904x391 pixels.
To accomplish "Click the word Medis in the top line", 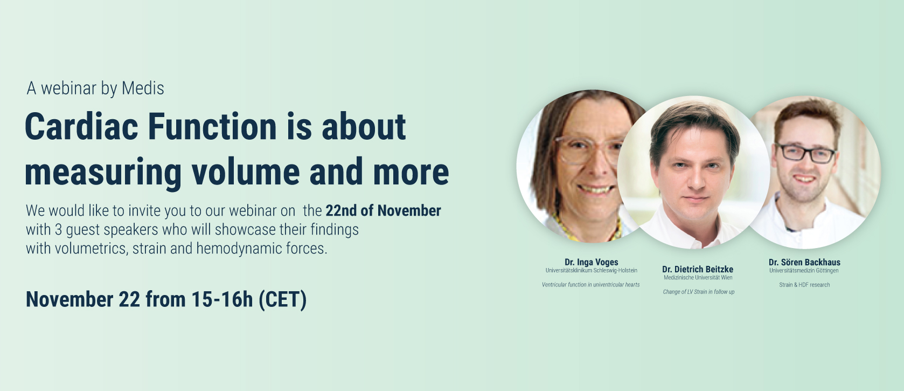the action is pyautogui.click(x=143, y=88).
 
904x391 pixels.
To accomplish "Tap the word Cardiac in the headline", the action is pyautogui.click(x=82, y=126).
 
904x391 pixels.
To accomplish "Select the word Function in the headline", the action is pyautogui.click(x=212, y=126).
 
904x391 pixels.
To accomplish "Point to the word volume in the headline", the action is pyautogui.click(x=246, y=172).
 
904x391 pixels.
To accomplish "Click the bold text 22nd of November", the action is pyautogui.click(x=384, y=210).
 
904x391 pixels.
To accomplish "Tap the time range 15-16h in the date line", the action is pyautogui.click(x=222, y=299).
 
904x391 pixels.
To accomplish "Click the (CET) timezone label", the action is pyautogui.click(x=283, y=300).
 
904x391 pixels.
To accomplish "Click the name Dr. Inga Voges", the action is pyautogui.click(x=591, y=262).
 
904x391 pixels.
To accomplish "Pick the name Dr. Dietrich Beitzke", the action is pyautogui.click(x=698, y=270).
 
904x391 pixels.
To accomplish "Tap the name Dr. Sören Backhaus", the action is pyautogui.click(x=804, y=262).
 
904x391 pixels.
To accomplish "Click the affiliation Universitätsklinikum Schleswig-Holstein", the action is pyautogui.click(x=591, y=271).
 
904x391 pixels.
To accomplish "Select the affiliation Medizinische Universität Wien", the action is pyautogui.click(x=698, y=278).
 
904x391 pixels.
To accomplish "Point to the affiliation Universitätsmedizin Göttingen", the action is pyautogui.click(x=804, y=271).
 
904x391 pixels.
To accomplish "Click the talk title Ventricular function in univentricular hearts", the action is pyautogui.click(x=591, y=285).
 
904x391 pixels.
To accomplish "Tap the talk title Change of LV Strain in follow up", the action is pyautogui.click(x=699, y=292).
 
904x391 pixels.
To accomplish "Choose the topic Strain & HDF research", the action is pyautogui.click(x=804, y=285).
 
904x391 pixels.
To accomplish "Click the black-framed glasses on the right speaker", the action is pyautogui.click(x=805, y=154).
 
